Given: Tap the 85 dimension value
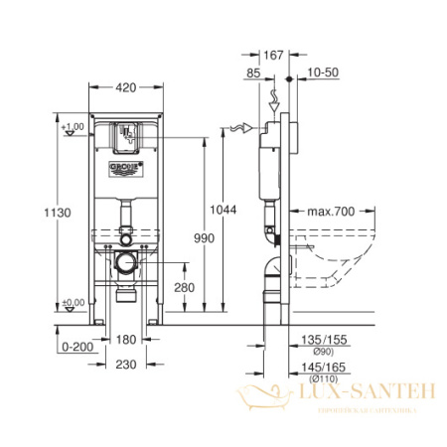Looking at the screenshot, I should click(253, 72).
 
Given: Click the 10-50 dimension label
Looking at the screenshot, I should click(323, 72).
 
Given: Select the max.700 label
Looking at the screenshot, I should click(332, 212).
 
